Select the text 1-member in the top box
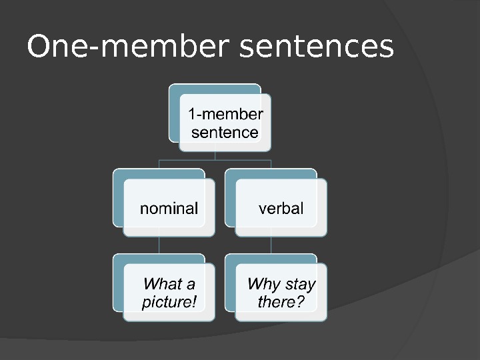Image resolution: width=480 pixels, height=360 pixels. click(225, 114)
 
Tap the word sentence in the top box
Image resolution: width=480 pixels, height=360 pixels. click(225, 132)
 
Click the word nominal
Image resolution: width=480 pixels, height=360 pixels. click(169, 208)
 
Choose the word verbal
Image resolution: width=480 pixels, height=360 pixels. click(281, 208)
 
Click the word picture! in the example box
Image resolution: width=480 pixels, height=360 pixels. click(169, 302)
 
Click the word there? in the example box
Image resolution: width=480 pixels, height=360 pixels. click(281, 302)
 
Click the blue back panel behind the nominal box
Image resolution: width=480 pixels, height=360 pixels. click(117, 200)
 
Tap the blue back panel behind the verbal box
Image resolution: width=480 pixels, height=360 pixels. click(229, 200)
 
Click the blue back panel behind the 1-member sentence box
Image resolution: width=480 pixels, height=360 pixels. click(173, 113)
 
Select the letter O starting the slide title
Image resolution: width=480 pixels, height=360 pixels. click(37, 47)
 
